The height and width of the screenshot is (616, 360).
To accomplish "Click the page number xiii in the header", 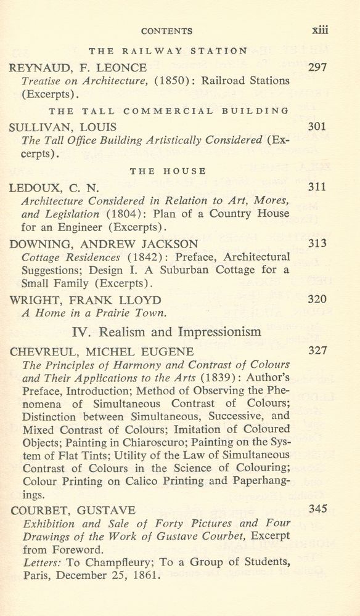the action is point(319,30).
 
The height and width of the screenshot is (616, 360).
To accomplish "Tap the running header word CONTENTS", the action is point(167,31).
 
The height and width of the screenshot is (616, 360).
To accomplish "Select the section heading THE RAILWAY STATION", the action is point(168,51).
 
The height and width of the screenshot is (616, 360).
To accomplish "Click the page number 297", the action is point(317,67).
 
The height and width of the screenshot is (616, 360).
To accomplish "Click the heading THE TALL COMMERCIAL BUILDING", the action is point(168,111).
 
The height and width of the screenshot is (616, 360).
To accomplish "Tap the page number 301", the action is point(317,127).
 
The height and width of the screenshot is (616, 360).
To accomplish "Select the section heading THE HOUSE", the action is point(168,171).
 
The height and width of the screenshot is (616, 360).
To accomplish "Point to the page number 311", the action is point(317,187).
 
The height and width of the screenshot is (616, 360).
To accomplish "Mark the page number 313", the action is point(317,243).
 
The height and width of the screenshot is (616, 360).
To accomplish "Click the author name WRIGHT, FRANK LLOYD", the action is point(85,301).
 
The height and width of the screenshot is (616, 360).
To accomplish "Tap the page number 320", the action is point(317,300).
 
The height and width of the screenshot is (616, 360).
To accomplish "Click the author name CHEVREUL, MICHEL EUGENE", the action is point(102,352).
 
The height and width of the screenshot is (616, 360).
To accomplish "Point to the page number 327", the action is point(317,351).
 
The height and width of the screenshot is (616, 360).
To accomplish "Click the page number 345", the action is point(317,509).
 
